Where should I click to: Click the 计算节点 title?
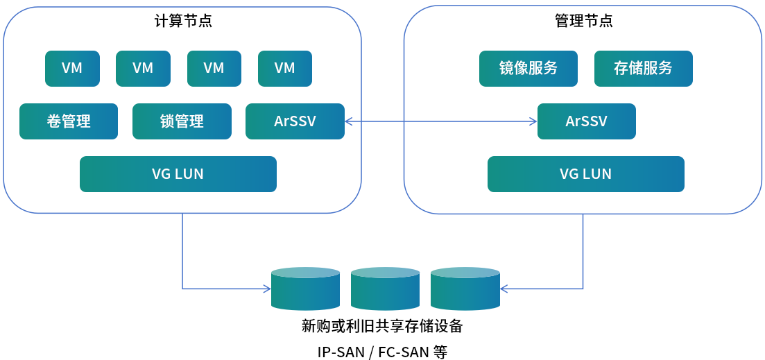tap(183, 21)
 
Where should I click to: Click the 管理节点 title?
tap(584, 21)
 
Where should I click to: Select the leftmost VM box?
tap(72, 68)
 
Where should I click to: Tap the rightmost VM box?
tap(285, 68)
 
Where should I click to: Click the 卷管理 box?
tap(69, 121)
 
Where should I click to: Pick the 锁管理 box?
tap(182, 121)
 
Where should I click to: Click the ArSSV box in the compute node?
tap(295, 121)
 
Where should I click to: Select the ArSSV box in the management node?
tap(587, 121)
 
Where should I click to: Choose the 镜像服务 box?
tap(528, 68)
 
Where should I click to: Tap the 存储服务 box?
tap(644, 68)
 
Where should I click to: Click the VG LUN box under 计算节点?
tap(178, 173)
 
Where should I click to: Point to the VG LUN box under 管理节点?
tap(586, 173)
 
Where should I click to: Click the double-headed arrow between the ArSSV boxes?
tap(441, 121)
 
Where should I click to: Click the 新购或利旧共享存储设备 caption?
tap(382, 325)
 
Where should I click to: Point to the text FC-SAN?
tap(403, 352)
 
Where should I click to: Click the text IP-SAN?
tap(341, 352)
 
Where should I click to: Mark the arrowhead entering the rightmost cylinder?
tap(504, 288)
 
